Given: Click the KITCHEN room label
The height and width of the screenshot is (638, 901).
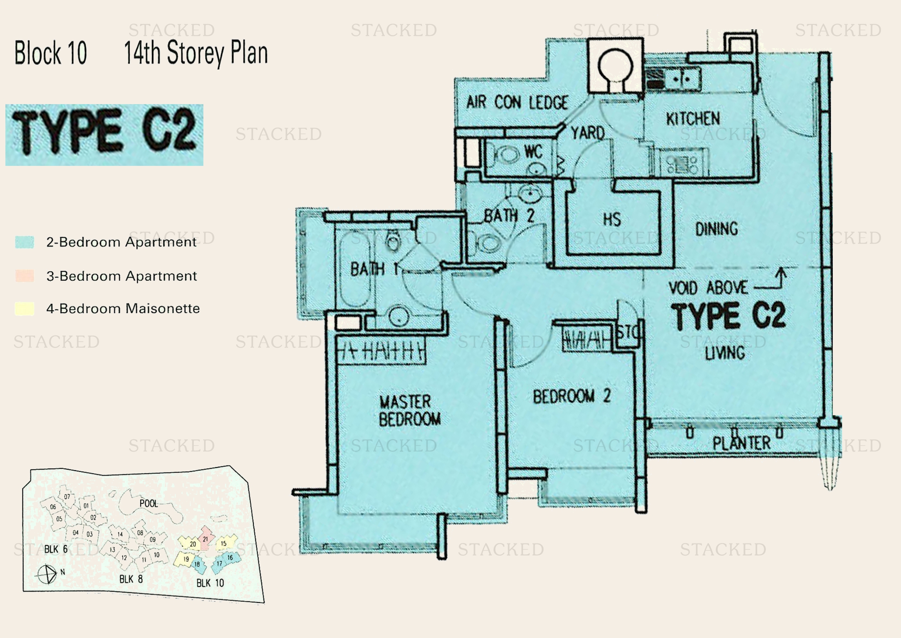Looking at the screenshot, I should [x=693, y=119].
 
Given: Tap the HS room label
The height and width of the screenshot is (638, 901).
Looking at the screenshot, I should [x=612, y=219].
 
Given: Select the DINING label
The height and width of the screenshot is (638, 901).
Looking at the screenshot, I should [x=716, y=229].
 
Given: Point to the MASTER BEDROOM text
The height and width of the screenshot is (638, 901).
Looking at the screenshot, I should [x=409, y=411].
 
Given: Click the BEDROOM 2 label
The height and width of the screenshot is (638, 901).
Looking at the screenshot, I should [x=571, y=396].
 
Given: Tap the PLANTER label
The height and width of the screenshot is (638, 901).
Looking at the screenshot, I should [x=741, y=443].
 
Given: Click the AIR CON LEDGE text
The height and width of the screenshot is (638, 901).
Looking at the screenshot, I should [x=517, y=103].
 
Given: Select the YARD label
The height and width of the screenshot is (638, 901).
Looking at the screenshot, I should [x=587, y=133].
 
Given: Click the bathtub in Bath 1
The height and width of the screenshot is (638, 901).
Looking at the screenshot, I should [x=354, y=269].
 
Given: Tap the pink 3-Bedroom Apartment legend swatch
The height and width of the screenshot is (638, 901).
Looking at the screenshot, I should [x=24, y=276].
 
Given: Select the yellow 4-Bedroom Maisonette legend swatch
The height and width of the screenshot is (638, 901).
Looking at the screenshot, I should [x=24, y=309].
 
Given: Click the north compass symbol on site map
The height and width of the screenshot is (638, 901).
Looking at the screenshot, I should [x=47, y=574].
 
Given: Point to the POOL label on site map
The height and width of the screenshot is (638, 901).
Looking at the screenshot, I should [x=148, y=504].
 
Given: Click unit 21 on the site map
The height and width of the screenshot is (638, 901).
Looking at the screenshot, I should [x=205, y=539].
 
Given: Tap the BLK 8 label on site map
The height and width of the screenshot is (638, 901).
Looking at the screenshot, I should [x=131, y=579].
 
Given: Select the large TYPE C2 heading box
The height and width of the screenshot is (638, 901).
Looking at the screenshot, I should [x=104, y=135].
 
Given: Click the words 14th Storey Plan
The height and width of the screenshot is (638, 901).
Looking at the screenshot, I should [x=196, y=53].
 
